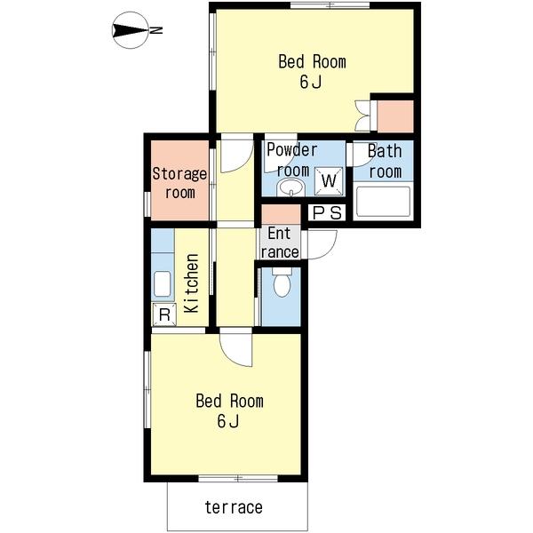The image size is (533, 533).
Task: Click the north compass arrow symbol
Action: pyautogui.click(x=131, y=30)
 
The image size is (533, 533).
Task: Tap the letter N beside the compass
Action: pyautogui.click(x=156, y=30)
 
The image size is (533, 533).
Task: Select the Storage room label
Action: pyautogui.click(x=179, y=183)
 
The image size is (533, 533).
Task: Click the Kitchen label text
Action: pyautogui.click(x=191, y=282)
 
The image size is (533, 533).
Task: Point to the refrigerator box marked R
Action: pyautogui.click(x=164, y=314)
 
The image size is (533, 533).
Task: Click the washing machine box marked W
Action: pyautogui.click(x=329, y=181)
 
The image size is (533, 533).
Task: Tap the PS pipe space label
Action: pyautogui.click(x=327, y=213)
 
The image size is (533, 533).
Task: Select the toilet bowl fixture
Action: pyautogui.click(x=282, y=282)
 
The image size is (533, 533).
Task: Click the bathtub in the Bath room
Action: pyautogui.click(x=383, y=201)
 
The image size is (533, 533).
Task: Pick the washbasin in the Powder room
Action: pyautogui.click(x=290, y=188)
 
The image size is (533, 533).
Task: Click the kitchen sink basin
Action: pyautogui.click(x=163, y=283)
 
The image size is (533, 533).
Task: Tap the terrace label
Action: pyautogui.click(x=234, y=507)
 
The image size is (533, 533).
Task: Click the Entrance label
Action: pyautogui.click(x=280, y=243)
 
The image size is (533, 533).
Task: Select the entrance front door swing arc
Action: pyautogui.click(x=322, y=245)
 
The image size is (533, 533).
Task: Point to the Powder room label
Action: pyautogui.click(x=292, y=160)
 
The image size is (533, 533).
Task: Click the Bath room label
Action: pyautogui.click(x=385, y=161)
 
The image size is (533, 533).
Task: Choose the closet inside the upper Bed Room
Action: pyautogui.click(x=395, y=116)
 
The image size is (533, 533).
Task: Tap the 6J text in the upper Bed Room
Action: pyautogui.click(x=310, y=82)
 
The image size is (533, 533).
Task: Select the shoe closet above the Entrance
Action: pyautogui.click(x=281, y=214)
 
